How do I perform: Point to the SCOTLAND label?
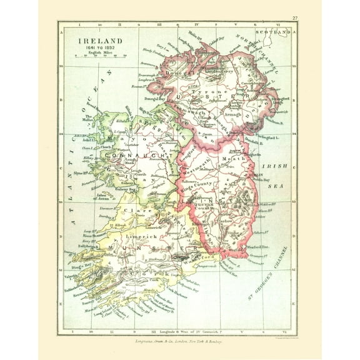278,31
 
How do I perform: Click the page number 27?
294,18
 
